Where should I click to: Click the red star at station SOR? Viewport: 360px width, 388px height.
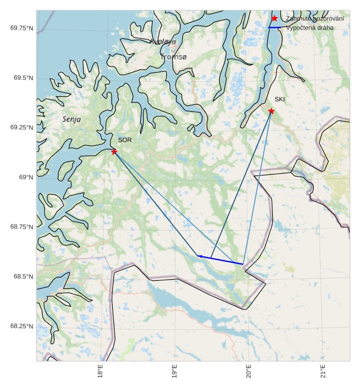coord(114,152)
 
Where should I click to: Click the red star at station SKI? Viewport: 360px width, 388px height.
coord(271,111)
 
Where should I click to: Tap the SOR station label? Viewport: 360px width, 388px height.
coord(125,140)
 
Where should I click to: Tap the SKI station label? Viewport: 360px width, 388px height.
coord(279,100)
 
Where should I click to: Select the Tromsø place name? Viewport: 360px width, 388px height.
coord(173,57)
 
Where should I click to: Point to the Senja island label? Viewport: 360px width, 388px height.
coord(71,120)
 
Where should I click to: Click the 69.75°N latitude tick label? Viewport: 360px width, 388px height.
coord(22,28)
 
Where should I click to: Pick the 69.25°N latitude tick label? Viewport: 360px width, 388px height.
coord(22,128)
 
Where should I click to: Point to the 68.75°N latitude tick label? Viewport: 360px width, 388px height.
coord(22,227)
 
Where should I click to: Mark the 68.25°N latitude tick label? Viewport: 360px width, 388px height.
coord(22,326)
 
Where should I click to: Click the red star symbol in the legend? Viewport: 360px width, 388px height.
coord(275,19)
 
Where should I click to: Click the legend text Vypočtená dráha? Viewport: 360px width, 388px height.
coord(310,27)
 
